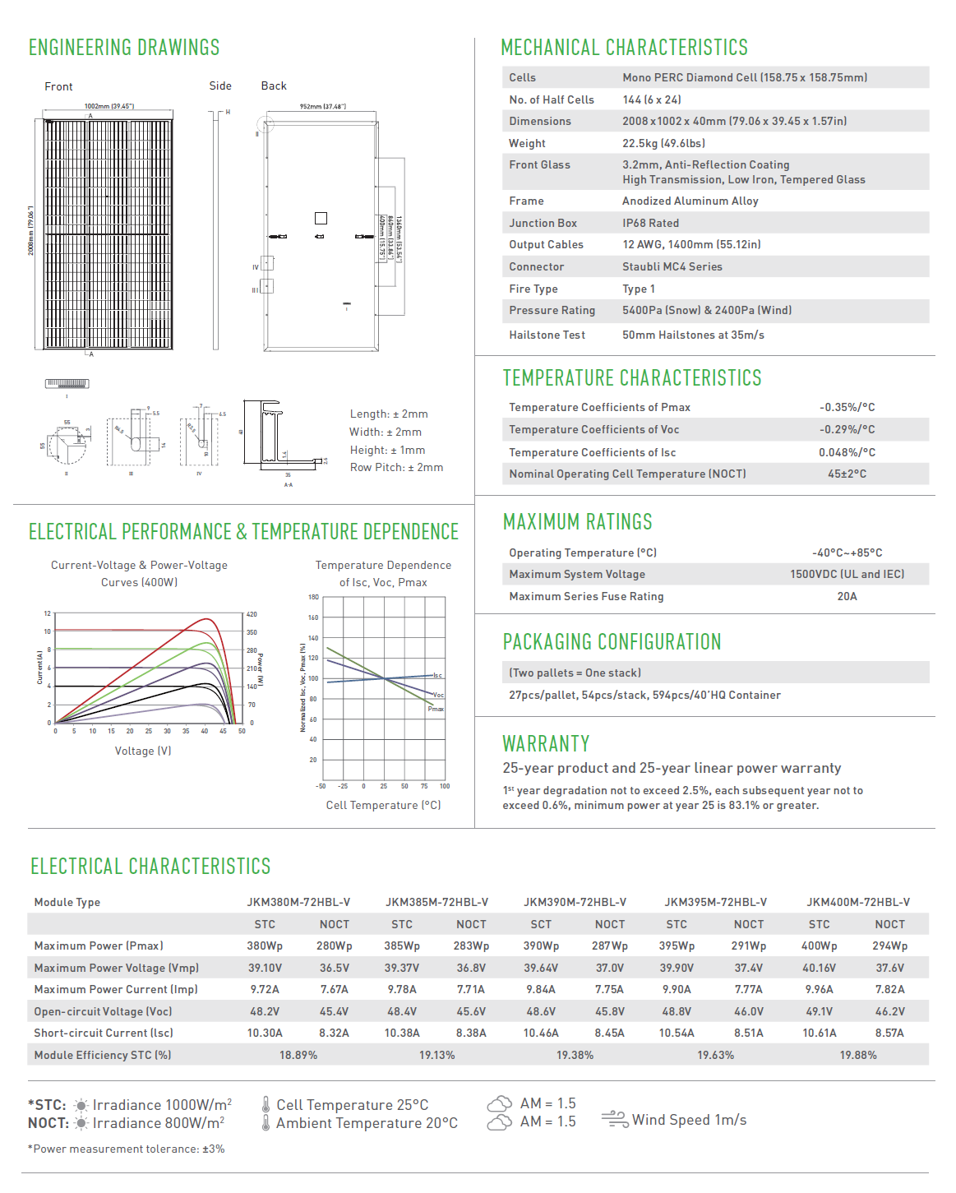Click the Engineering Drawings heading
[x=124, y=48]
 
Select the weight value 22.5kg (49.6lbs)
[x=663, y=143]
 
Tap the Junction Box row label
[x=543, y=223]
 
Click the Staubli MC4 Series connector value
[x=672, y=266]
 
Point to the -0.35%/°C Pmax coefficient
[x=847, y=407]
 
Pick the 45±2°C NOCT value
[x=847, y=474]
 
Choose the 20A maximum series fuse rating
[x=847, y=596]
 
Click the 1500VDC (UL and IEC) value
[x=847, y=574]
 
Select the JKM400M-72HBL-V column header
[x=857, y=902]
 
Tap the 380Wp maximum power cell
[x=265, y=946]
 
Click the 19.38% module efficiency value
[x=575, y=1055]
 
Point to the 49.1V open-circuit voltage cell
[x=819, y=1011]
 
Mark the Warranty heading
[x=546, y=744]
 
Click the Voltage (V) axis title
[x=143, y=751]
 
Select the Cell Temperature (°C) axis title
[x=383, y=805]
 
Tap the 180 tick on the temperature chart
[x=313, y=597]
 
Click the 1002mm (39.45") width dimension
[x=109, y=106]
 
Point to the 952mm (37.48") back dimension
[x=322, y=106]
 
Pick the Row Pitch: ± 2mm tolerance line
[x=396, y=467]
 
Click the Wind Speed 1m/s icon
[x=615, y=1119]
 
